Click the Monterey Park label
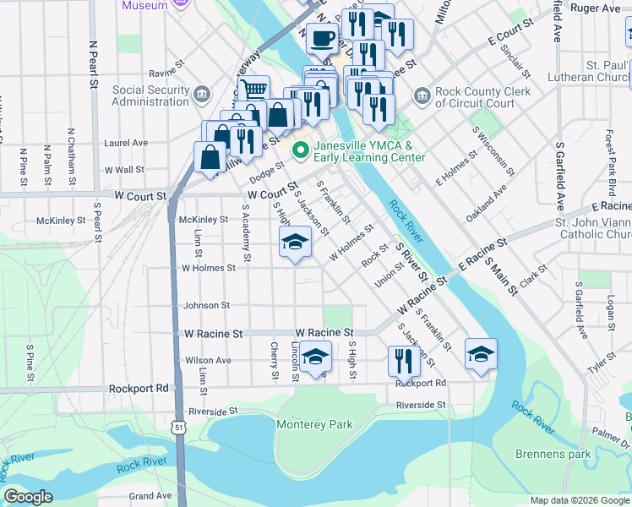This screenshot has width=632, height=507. point(315,424)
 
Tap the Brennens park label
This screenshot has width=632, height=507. point(553,454)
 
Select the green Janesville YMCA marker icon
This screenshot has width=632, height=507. point(300,150)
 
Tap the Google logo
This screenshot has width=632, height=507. point(28,497)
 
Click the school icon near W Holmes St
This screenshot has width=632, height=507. point(295,243)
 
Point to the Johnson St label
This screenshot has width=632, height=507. point(207,305)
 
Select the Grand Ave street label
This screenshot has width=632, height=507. point(150,495)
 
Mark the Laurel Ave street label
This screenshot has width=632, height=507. point(125,144)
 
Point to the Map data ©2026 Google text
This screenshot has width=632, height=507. point(580,500)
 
